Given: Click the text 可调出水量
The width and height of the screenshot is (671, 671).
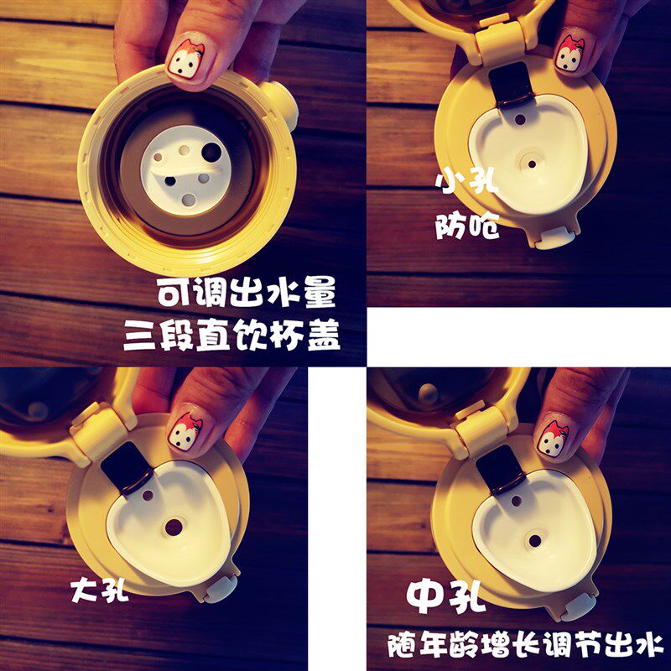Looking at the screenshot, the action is click(246, 293).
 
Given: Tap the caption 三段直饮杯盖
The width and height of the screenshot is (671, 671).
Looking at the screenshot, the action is click(232, 335).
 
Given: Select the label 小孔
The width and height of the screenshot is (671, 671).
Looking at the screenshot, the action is click(467, 183).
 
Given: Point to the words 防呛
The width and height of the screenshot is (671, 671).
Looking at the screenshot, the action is click(467, 226).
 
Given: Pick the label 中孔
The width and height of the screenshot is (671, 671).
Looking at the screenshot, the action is click(445, 596).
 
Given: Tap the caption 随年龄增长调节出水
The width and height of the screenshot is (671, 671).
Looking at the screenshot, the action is click(526, 646).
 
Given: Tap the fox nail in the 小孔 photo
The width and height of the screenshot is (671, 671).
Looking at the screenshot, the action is click(570, 54).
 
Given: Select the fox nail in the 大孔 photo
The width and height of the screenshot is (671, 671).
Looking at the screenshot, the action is click(185, 431).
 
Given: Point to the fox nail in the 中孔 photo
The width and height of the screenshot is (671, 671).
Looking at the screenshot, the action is click(554, 439).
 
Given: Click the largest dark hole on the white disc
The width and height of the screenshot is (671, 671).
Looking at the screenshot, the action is click(212, 153).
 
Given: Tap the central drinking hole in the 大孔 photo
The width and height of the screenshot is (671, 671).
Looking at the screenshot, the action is click(174, 528).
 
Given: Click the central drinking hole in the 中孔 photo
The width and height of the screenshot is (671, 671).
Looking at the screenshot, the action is click(535, 541).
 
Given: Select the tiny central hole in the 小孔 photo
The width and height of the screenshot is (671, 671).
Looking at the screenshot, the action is click(532, 164).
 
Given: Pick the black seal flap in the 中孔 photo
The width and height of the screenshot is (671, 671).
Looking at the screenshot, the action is click(500, 470).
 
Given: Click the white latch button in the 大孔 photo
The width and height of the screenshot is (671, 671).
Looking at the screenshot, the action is click(221, 590).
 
